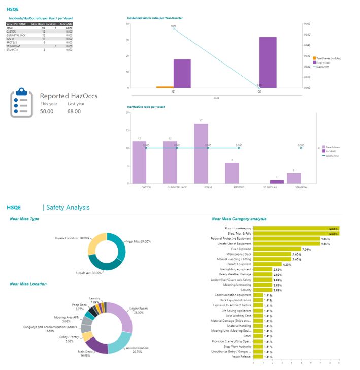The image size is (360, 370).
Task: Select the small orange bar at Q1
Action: click(165, 87)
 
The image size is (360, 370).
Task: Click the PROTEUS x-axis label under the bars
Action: click(239, 187)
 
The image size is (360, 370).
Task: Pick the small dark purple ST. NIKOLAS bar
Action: click(277, 181)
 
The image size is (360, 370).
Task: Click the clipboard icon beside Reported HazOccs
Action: click(22, 103)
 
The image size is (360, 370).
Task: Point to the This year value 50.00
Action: click(47, 111)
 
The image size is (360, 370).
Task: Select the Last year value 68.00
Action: click(74, 111)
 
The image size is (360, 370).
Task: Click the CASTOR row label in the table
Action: click(11, 31)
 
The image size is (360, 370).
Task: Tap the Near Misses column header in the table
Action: click(38, 24)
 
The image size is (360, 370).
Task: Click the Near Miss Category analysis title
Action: click(239, 219)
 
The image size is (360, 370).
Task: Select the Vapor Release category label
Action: click(241, 356)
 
